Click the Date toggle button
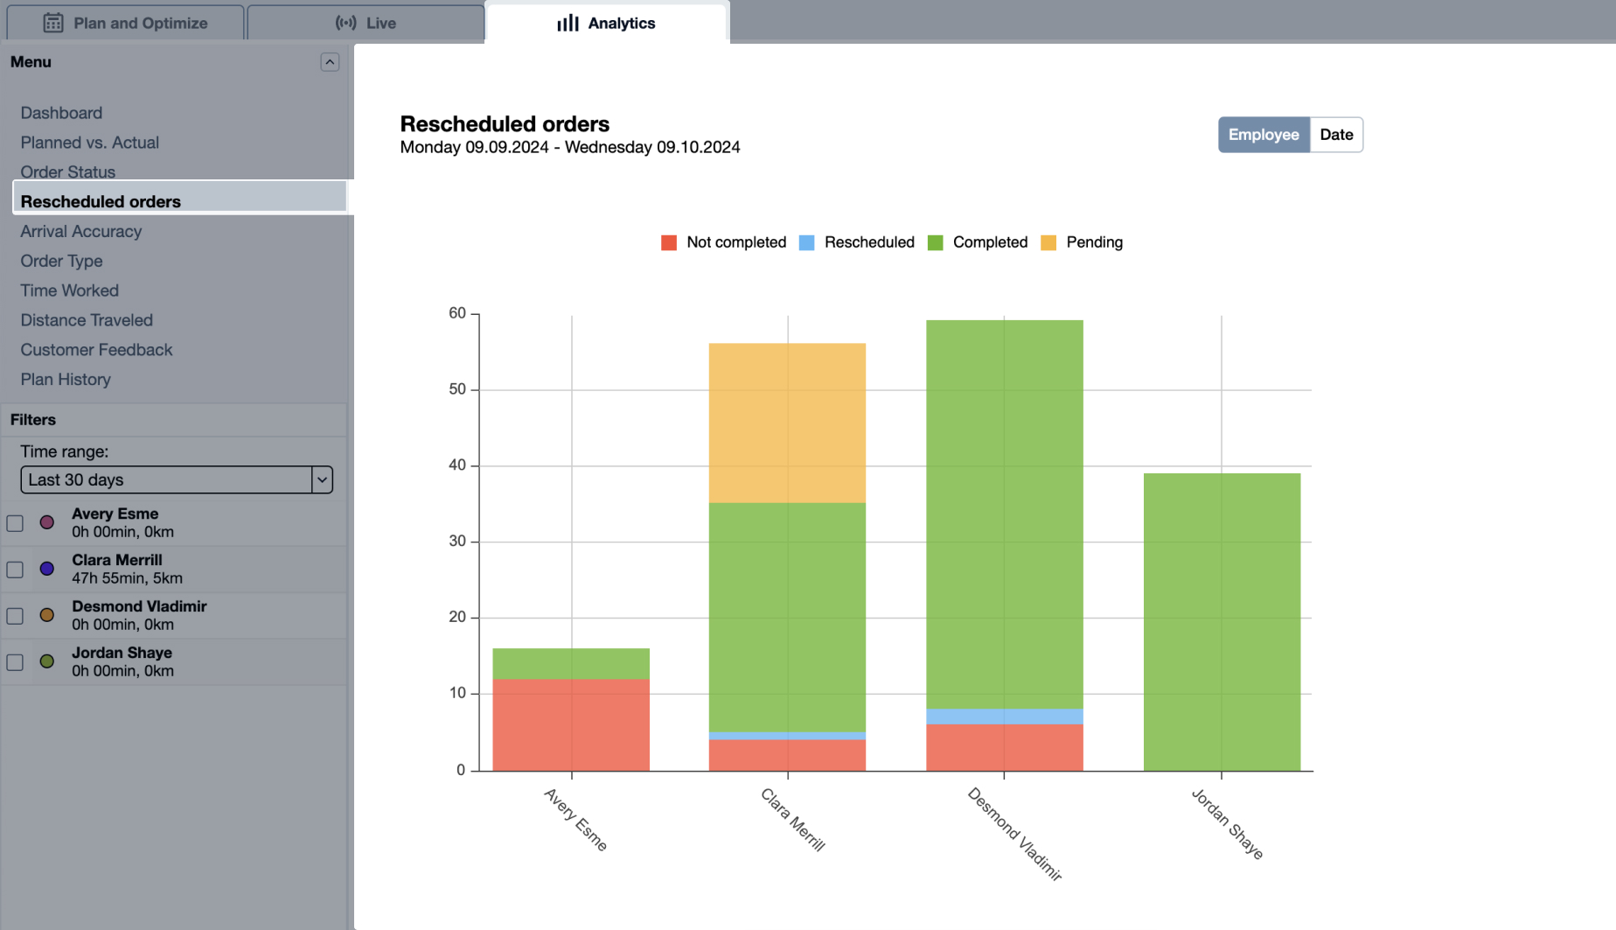coord(1335,135)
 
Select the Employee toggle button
coord(1263,135)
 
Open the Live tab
coord(366,23)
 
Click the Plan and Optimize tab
coord(126,23)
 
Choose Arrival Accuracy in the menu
coord(81,231)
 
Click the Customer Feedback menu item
coord(96,350)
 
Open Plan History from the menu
coord(66,380)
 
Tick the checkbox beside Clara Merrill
coord(15,570)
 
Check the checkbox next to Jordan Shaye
coord(15,662)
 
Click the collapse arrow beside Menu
coord(330,62)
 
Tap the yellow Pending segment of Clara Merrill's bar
coord(787,423)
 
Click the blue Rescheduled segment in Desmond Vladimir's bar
coord(1004,717)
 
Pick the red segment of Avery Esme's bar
coord(571,724)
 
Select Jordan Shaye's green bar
coord(1222,621)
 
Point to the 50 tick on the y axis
coord(457,389)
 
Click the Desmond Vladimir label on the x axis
coord(1014,834)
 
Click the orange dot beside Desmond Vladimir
coord(47,615)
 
